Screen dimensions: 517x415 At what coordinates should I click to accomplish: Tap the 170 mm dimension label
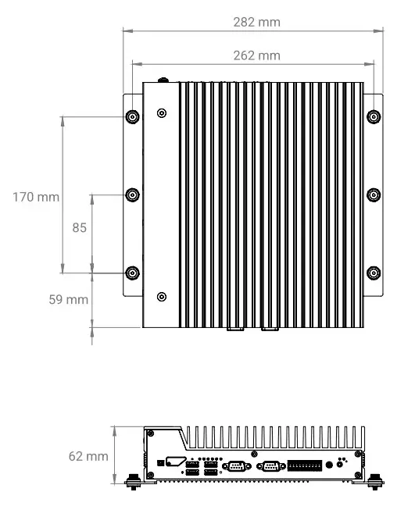pyautogui.click(x=36, y=197)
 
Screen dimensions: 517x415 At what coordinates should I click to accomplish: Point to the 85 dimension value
pyautogui.click(x=79, y=228)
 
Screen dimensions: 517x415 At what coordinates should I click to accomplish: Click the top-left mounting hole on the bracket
pyautogui.click(x=132, y=116)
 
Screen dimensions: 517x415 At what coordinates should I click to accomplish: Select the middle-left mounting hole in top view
pyautogui.click(x=132, y=194)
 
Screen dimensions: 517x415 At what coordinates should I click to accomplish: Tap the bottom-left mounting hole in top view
pyautogui.click(x=132, y=273)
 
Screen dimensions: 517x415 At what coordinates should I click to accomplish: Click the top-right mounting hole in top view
pyautogui.click(x=374, y=116)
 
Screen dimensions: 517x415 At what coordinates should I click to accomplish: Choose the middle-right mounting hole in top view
pyautogui.click(x=374, y=194)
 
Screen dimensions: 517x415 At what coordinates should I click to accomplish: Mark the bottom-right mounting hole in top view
pyautogui.click(x=374, y=273)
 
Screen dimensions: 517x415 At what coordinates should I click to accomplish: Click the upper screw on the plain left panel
pyautogui.click(x=162, y=113)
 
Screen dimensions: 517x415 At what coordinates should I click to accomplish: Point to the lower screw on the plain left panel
pyautogui.click(x=162, y=296)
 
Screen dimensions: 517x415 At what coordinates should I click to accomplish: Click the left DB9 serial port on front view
pyautogui.click(x=234, y=467)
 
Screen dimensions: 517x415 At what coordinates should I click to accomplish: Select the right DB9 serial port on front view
pyautogui.click(x=270, y=467)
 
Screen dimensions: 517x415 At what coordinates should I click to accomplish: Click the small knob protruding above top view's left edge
pyautogui.click(x=164, y=79)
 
